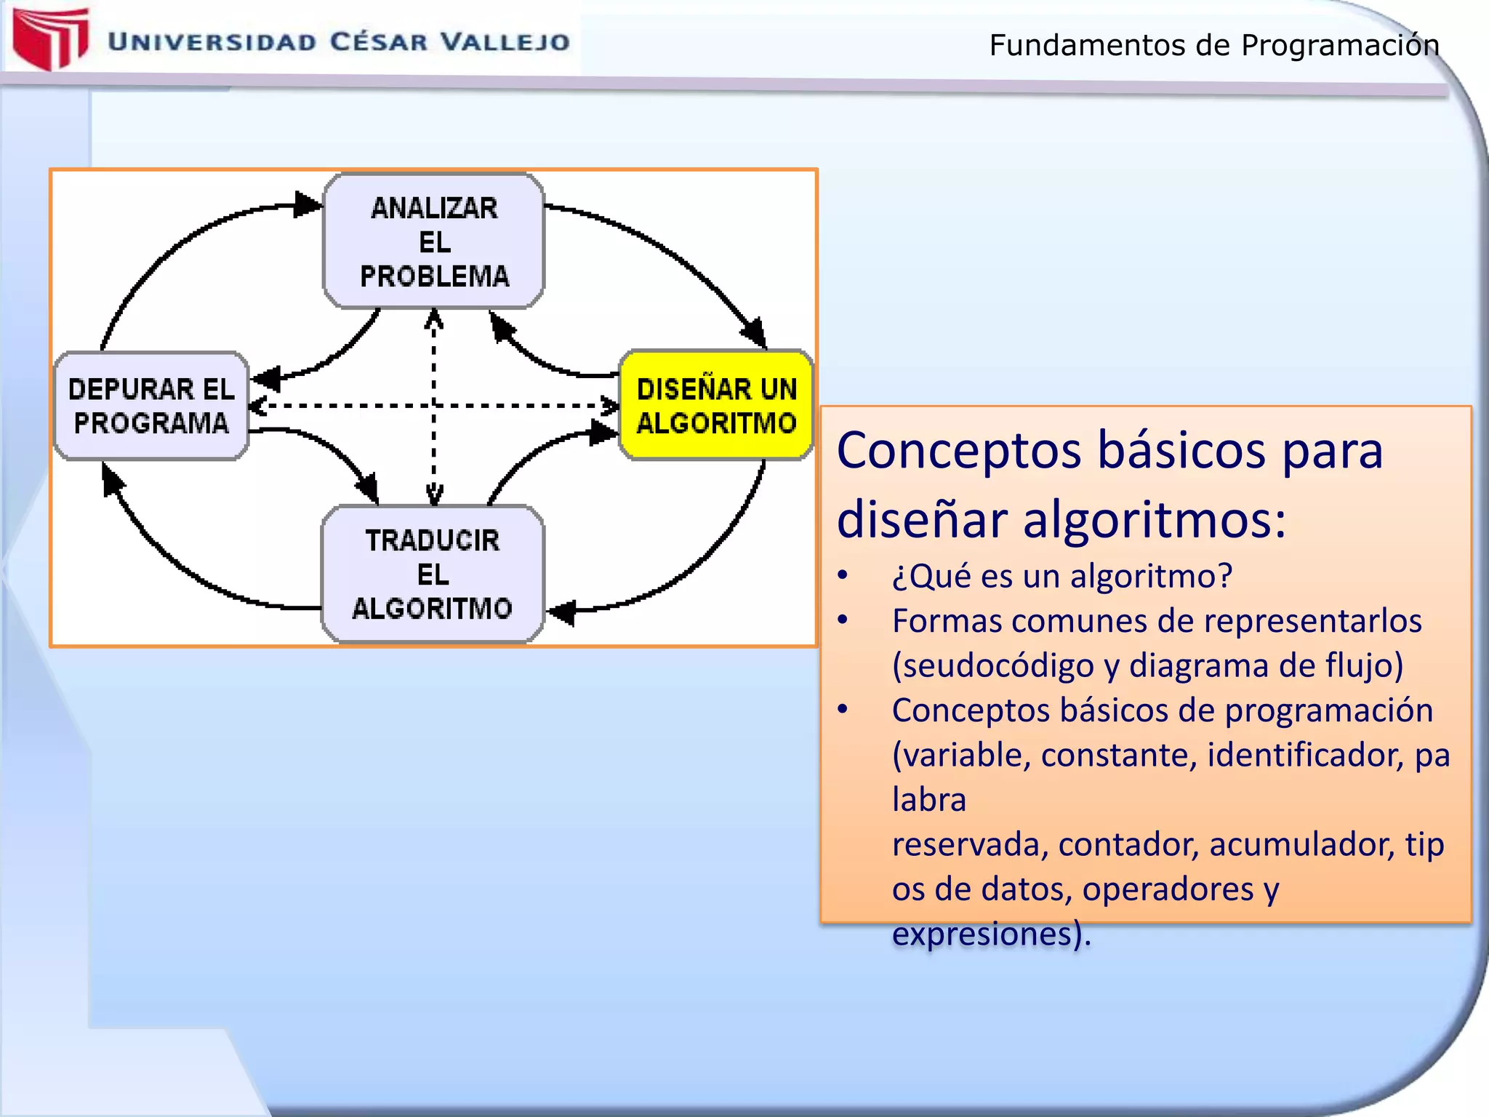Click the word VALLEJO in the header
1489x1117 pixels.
506,42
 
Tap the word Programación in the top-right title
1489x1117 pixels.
1339,45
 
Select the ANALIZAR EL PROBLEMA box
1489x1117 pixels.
434,241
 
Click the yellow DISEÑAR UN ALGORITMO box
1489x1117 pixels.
715,406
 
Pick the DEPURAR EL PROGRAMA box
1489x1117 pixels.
151,406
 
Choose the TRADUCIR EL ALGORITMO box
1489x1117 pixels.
433,574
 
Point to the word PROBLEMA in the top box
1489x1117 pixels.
435,276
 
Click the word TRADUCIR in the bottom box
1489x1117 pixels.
433,540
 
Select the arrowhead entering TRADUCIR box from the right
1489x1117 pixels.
561,612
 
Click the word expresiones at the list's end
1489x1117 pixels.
982,934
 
